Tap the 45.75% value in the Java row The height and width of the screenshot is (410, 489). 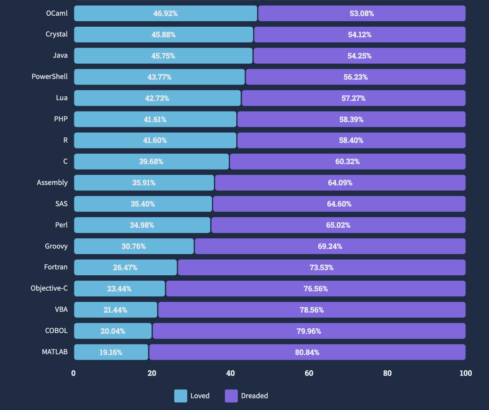click(163, 56)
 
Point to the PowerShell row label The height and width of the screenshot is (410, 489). click(49, 77)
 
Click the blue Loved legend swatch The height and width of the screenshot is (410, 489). click(181, 396)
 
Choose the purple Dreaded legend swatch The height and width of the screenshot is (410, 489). click(231, 396)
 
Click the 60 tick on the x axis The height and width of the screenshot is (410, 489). click(309, 373)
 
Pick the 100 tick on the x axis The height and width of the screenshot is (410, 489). click(465, 373)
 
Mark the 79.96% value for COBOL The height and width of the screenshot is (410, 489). click(309, 331)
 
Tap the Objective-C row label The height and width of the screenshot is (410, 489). click(49, 288)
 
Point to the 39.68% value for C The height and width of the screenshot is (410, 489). click(151, 161)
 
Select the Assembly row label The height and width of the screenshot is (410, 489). click(52, 183)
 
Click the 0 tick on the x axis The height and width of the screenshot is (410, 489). click(73, 373)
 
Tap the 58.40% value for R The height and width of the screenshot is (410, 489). click(351, 140)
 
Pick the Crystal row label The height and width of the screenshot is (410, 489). click(57, 34)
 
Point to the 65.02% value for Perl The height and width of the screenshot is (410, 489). click(338, 225)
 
